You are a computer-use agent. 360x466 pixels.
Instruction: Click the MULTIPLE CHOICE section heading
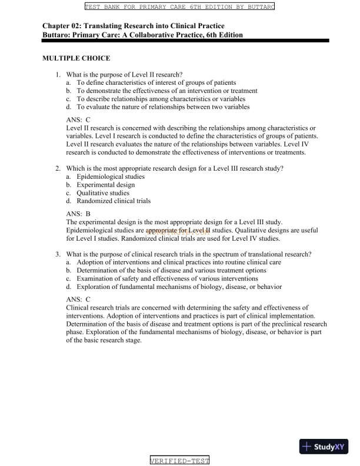pyautogui.click(x=76, y=59)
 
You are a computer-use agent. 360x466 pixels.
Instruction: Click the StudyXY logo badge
pyautogui.click(x=324, y=447)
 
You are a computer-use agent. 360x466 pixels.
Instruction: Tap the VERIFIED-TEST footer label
pyautogui.click(x=179, y=460)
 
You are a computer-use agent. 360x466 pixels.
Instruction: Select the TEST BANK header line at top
pyautogui.click(x=179, y=7)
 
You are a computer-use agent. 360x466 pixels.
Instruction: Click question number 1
pyautogui.click(x=58, y=75)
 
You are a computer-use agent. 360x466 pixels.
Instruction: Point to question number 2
pyautogui.click(x=58, y=168)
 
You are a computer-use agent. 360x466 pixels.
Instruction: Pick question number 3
pyautogui.click(x=58, y=254)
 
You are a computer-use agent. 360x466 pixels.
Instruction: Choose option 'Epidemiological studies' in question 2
pyautogui.click(x=111, y=177)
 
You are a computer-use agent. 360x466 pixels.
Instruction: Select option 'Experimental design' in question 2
pyautogui.click(x=105, y=185)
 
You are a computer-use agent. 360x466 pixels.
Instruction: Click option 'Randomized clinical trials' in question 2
pyautogui.click(x=114, y=201)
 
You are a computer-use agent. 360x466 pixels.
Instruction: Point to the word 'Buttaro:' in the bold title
pyautogui.click(x=59, y=35)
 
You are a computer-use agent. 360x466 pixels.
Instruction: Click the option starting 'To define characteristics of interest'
pyautogui.click(x=156, y=83)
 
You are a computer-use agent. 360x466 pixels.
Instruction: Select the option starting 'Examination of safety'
pyautogui.click(x=167, y=279)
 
